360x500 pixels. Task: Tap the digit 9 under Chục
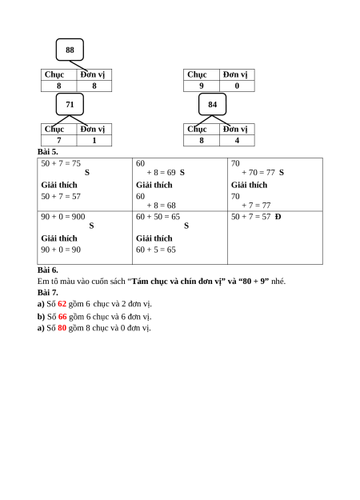click(202, 86)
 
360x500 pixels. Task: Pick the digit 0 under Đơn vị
click(237, 86)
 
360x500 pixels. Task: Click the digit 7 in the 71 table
click(59, 140)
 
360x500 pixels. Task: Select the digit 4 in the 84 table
click(237, 140)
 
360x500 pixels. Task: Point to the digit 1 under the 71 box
click(94, 140)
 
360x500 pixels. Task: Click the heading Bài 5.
click(48, 152)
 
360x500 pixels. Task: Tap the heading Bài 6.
click(48, 270)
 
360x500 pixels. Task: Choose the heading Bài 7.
click(48, 293)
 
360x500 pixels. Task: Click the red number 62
click(62, 304)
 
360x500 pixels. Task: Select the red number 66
click(62, 317)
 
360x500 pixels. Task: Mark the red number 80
click(62, 328)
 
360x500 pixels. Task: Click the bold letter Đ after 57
click(278, 217)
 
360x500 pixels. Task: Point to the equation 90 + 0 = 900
click(63, 217)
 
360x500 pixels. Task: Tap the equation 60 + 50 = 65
click(158, 217)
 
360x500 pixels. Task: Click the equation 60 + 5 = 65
click(156, 250)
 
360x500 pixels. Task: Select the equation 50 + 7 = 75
click(61, 163)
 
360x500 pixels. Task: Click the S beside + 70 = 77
click(282, 173)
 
